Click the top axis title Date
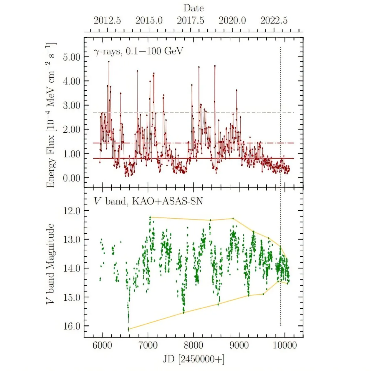point(193,8)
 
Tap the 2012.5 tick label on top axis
point(107,20)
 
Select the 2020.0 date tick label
point(232,20)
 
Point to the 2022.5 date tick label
point(274,20)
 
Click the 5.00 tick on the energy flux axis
point(72,57)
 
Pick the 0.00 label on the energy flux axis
point(72,178)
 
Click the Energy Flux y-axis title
point(51,115)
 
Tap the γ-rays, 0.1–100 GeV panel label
point(138,51)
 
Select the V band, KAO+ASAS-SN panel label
point(148,201)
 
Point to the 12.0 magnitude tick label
point(72,211)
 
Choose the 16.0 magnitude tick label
point(72,326)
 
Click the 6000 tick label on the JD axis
point(102,345)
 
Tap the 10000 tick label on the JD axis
point(285,345)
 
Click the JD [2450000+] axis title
point(193,359)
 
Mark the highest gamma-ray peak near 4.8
point(109,61)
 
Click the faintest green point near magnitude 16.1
point(128,329)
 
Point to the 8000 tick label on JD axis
point(193,345)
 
